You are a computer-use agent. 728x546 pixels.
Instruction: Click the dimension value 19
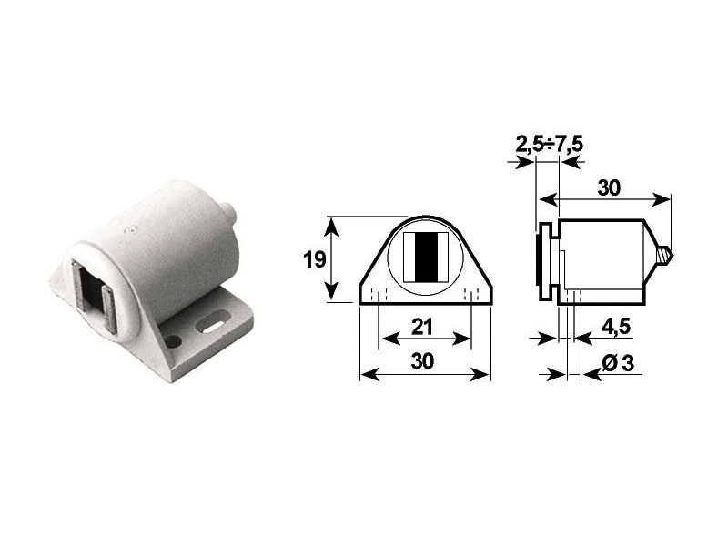tap(314, 259)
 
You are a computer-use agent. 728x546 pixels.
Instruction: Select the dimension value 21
tap(422, 327)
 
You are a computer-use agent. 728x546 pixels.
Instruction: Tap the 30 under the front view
tap(422, 360)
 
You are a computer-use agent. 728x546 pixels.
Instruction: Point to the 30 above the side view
tap(609, 188)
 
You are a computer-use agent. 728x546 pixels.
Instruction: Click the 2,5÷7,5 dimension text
tap(550, 145)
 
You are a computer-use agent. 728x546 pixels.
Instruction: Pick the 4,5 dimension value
tap(616, 327)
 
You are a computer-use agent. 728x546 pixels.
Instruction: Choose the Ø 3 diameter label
tap(618, 363)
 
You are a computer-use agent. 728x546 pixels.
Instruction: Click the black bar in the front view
tap(425, 258)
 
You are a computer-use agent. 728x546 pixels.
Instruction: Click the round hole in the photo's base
tap(173, 341)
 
